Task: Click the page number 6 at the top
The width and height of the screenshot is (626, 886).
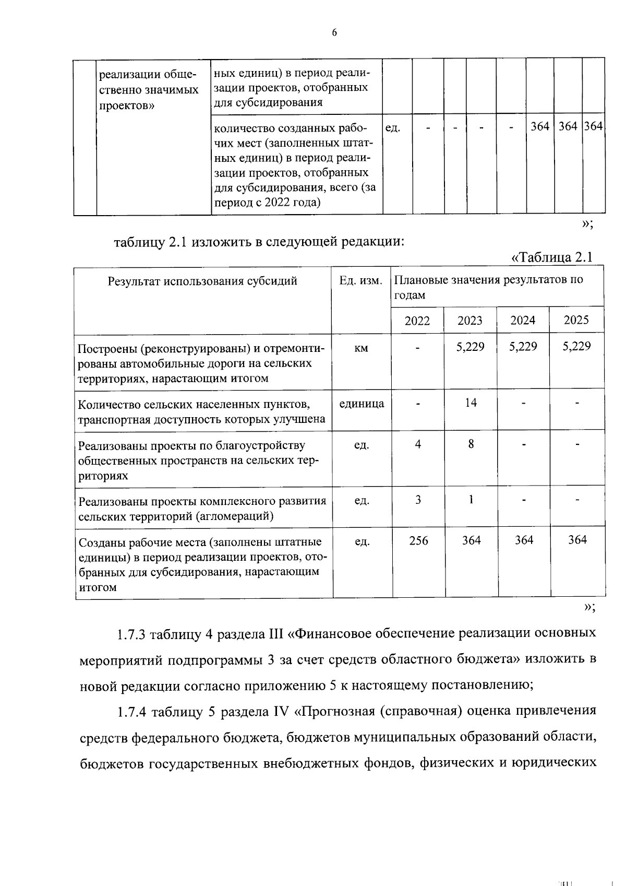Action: [334, 33]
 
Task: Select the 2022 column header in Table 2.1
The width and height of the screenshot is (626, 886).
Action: [417, 321]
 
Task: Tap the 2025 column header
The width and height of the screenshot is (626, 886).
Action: [576, 320]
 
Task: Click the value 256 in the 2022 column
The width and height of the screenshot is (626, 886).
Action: [418, 540]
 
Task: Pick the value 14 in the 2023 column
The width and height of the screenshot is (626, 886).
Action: [471, 403]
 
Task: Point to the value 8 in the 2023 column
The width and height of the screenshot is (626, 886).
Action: [471, 444]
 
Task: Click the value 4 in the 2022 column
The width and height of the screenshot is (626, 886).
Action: [418, 444]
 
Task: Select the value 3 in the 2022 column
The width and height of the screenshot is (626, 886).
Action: [418, 500]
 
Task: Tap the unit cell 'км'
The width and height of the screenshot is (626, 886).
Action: [361, 348]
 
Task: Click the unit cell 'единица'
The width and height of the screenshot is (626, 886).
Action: [362, 403]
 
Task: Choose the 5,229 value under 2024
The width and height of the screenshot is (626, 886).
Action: [523, 347]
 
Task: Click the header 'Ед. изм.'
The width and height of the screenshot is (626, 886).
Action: [361, 281]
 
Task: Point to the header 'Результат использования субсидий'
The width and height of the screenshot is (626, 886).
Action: [202, 281]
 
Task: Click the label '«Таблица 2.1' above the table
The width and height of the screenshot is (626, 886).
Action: [552, 257]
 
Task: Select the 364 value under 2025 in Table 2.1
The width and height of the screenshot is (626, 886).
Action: [577, 540]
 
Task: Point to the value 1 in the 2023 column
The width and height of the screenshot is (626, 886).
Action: [471, 500]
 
